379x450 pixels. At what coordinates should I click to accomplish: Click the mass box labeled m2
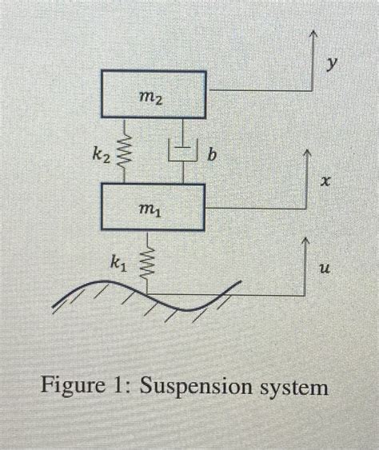[153, 94]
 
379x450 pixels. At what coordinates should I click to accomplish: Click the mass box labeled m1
[153, 207]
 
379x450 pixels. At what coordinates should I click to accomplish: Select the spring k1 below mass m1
[146, 261]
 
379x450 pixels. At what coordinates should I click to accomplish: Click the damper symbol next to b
[184, 151]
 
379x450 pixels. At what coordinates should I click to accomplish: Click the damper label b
[212, 153]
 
